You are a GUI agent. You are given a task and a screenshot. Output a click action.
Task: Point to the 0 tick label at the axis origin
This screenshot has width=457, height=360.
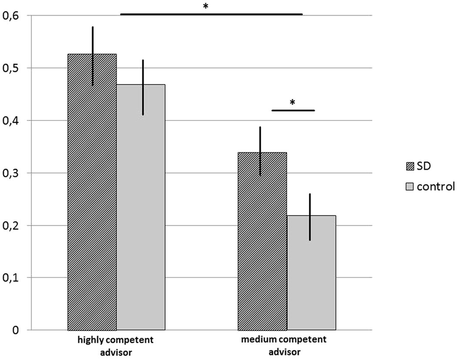pyautogui.click(x=16, y=330)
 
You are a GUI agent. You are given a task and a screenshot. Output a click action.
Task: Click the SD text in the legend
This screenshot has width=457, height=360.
pyautogui.click(x=423, y=166)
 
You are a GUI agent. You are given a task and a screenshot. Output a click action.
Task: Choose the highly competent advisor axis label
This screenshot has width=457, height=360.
pyautogui.click(x=116, y=345)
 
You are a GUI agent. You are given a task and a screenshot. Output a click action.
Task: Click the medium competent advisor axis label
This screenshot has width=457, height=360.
pyautogui.click(x=287, y=345)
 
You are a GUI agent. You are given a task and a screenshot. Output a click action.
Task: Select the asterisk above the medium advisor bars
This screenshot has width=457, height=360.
pyautogui.click(x=292, y=103)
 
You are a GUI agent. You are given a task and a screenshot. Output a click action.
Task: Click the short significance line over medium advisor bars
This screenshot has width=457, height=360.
pyautogui.click(x=292, y=111)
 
